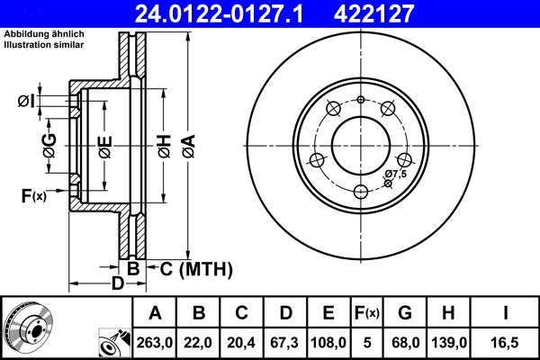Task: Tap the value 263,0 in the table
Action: click(x=155, y=342)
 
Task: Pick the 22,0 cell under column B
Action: click(x=199, y=342)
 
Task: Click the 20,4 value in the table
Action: click(x=242, y=342)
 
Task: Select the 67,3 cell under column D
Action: click(x=285, y=342)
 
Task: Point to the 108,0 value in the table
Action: click(x=328, y=342)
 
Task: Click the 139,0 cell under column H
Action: click(x=447, y=342)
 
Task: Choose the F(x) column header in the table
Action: click(x=367, y=313)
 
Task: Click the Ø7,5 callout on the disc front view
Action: click(x=396, y=173)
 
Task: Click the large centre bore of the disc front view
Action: click(x=360, y=142)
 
